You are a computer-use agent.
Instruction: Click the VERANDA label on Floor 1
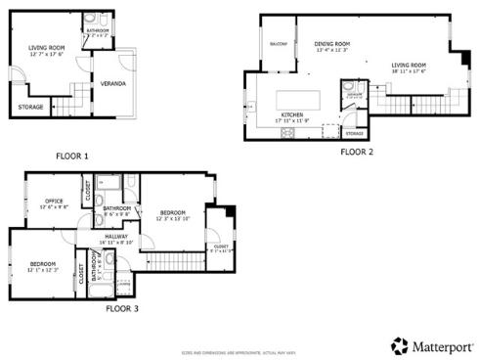coord(110,84)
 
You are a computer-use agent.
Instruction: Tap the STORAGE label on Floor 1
coord(31,108)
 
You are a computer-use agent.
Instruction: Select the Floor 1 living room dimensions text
coord(45,54)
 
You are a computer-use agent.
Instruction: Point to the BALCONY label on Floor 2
coord(277,44)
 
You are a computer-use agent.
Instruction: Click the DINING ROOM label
coord(332,44)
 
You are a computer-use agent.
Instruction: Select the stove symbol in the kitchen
coord(288,132)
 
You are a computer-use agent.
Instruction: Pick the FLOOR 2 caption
coord(358,152)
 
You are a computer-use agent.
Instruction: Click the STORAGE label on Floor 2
coord(354,133)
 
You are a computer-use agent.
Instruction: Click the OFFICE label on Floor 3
coord(53,202)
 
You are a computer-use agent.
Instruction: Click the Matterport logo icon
coord(399,345)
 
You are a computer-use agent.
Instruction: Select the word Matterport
coord(439,345)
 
